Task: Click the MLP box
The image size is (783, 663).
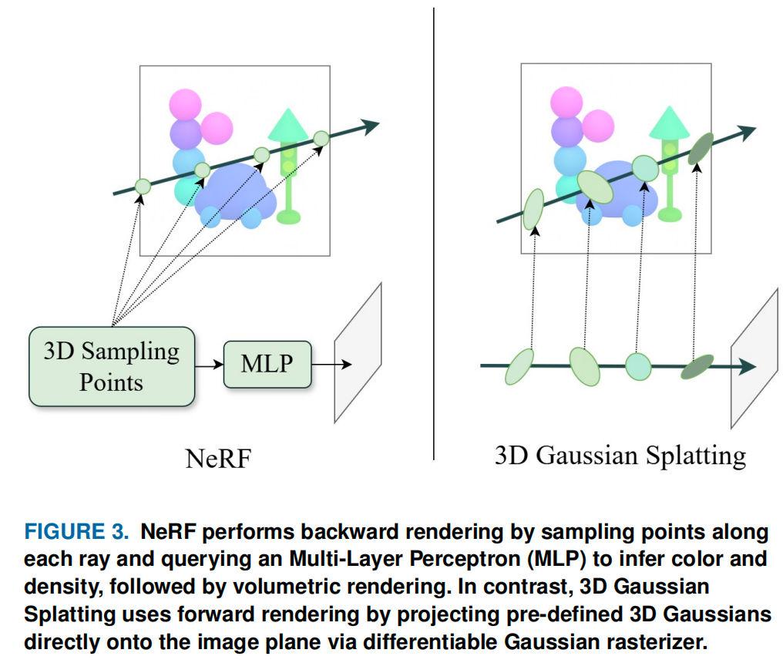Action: pyautogui.click(x=267, y=364)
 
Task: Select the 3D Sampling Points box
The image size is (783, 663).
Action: pyautogui.click(x=112, y=366)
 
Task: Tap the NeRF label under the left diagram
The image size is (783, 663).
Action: pyautogui.click(x=219, y=458)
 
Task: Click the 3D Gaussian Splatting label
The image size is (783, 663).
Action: pyautogui.click(x=620, y=455)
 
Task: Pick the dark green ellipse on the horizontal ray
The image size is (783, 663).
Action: pyautogui.click(x=698, y=366)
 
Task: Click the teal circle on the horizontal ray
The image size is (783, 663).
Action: pyautogui.click(x=637, y=365)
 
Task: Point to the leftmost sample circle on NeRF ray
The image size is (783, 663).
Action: pyautogui.click(x=142, y=186)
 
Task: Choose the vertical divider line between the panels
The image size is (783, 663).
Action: pyautogui.click(x=433, y=231)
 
